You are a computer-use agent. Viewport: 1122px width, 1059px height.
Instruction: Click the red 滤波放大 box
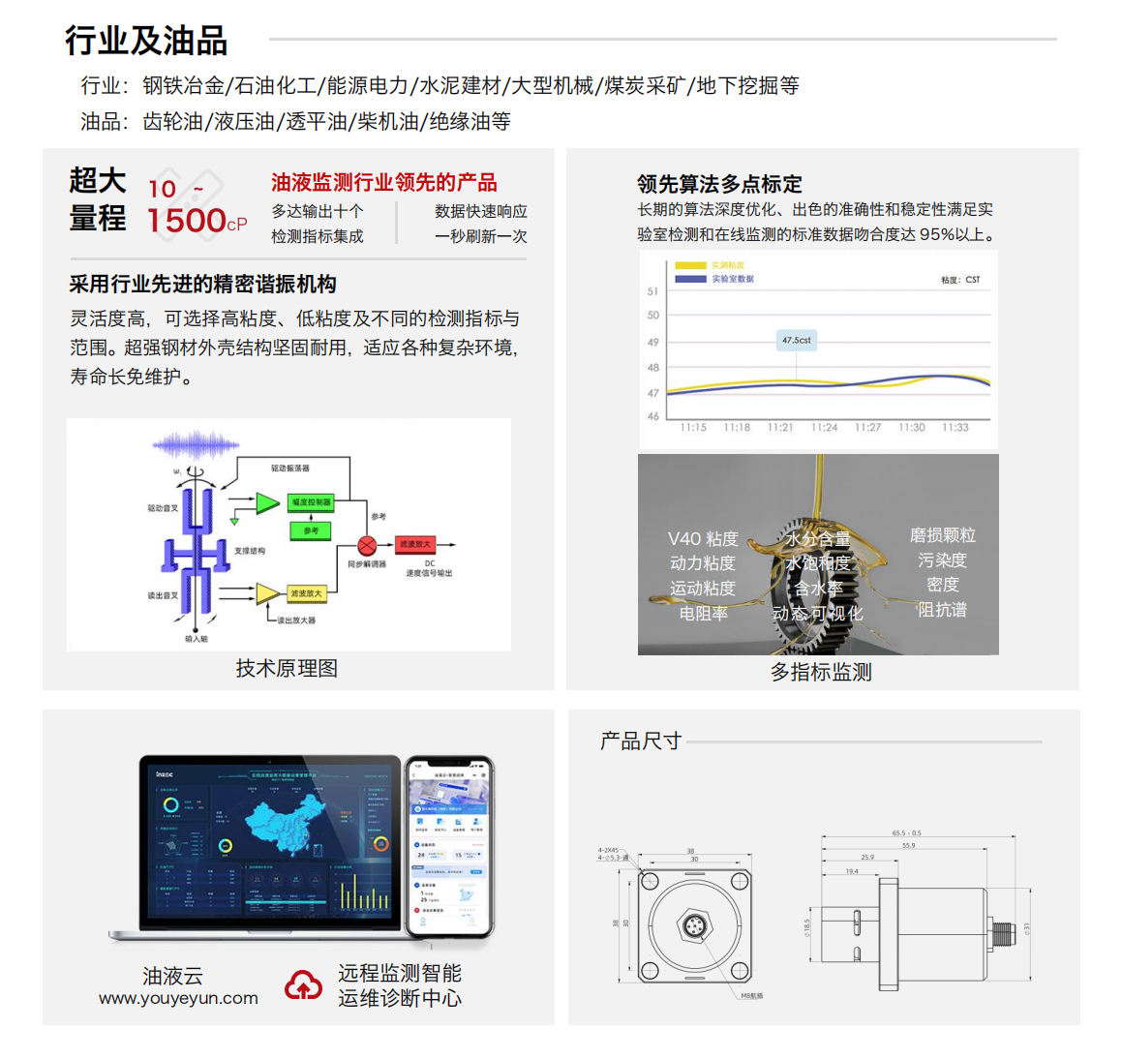(415, 544)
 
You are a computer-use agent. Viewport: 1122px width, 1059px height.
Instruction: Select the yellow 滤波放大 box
(306, 593)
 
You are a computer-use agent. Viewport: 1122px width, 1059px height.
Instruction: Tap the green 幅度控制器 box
(311, 502)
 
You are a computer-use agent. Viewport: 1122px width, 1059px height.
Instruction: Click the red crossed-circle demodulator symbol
(367, 545)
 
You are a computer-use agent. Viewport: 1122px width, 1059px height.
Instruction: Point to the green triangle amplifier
(267, 503)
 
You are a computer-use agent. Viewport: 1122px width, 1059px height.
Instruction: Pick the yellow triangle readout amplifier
(267, 593)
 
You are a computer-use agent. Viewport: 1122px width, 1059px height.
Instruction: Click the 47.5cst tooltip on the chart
(796, 340)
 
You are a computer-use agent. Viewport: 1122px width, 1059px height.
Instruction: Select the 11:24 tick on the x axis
(824, 427)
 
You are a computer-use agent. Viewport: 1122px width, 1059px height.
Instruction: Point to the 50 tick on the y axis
(653, 316)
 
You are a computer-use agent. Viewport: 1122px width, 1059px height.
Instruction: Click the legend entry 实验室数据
(732, 279)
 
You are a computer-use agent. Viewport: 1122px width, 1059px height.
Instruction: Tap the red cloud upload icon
(303, 985)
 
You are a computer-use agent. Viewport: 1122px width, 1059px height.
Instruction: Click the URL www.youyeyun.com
(178, 998)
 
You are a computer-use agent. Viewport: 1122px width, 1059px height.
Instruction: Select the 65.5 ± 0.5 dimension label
(906, 832)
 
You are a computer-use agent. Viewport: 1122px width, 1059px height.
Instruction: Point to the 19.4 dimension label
(852, 871)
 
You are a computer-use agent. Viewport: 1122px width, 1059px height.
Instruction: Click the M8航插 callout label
(751, 995)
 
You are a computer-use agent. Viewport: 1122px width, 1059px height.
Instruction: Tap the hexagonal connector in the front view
(694, 927)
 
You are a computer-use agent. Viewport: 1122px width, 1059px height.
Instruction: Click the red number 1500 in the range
(186, 221)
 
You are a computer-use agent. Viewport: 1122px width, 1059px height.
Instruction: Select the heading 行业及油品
(146, 41)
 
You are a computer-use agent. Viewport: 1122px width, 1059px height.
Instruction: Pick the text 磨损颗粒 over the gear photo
(942, 535)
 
